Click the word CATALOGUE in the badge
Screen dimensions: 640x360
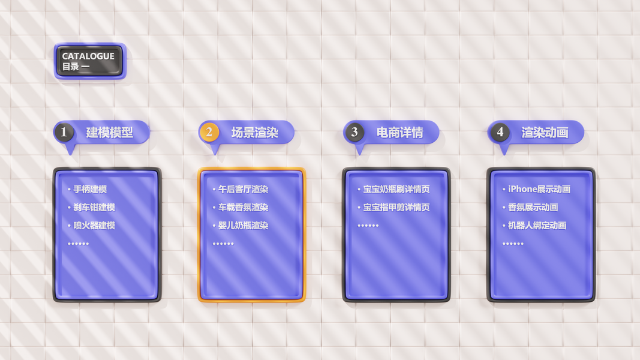coord(88,56)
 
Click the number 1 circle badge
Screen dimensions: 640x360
coord(64,132)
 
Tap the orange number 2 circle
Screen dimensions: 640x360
coord(209,132)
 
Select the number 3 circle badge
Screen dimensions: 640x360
coord(354,132)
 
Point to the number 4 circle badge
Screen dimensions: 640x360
coord(500,132)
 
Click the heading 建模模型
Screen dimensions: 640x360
coord(109,133)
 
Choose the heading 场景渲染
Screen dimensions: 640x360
coord(254,133)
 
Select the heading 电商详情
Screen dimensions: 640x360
coord(399,133)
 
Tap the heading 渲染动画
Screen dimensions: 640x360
coord(545,133)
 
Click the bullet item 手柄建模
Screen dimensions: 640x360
coord(90,189)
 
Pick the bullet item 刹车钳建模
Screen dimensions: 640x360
coord(94,208)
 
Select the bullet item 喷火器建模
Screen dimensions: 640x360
coord(94,226)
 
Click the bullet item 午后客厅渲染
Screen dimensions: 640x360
coord(243,189)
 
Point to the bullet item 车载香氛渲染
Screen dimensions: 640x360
coord(243,208)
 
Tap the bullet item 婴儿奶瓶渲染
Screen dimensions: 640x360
coord(243,226)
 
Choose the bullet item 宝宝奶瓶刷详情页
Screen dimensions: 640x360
coord(396,189)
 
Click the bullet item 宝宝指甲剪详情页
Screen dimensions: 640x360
coord(396,208)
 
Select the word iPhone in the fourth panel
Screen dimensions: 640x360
coord(522,189)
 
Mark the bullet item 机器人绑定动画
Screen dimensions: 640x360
coord(537,226)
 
